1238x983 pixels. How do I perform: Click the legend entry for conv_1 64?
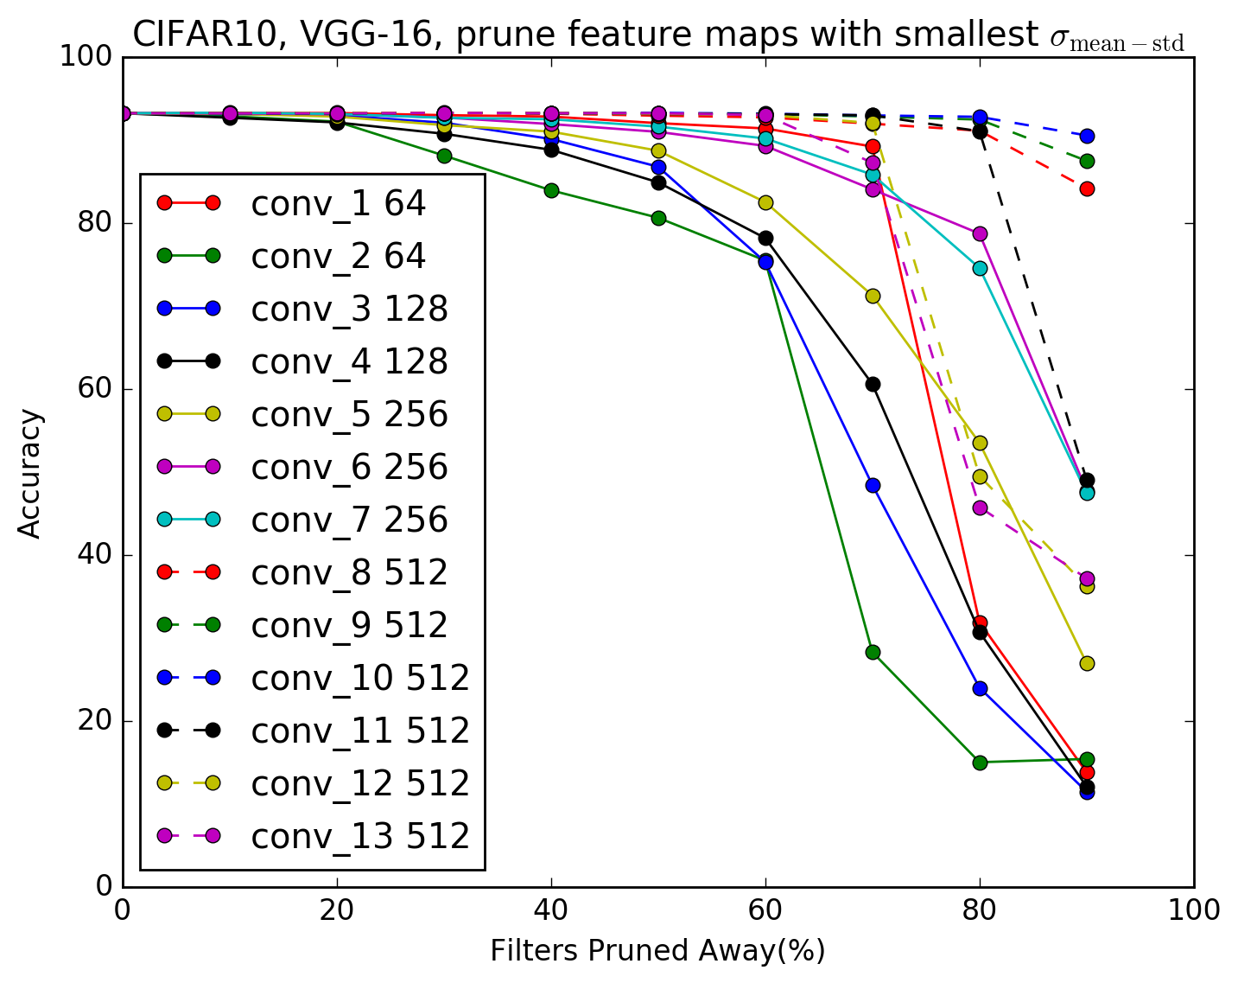click(x=338, y=204)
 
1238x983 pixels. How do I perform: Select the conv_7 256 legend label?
click(x=349, y=520)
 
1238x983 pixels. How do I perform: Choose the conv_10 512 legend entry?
click(x=360, y=679)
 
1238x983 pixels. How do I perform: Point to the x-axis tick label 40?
click(x=551, y=910)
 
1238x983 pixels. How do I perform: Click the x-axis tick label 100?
click(x=1193, y=910)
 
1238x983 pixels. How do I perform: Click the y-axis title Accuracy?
click(x=30, y=474)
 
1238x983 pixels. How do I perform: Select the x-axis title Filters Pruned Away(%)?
click(x=657, y=951)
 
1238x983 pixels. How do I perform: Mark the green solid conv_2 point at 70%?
click(x=873, y=652)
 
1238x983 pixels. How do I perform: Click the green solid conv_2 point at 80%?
click(x=980, y=763)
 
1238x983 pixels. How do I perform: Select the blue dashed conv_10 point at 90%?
click(x=1087, y=136)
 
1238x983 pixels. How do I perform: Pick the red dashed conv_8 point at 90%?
click(x=1087, y=188)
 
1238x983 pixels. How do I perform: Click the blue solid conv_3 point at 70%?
click(x=873, y=485)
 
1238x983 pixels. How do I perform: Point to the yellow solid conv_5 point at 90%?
click(x=1087, y=663)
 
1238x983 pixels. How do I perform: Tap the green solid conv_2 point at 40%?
click(x=551, y=190)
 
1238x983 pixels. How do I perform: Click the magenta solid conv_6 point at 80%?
click(x=980, y=233)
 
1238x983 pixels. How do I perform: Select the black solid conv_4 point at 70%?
click(x=873, y=384)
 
